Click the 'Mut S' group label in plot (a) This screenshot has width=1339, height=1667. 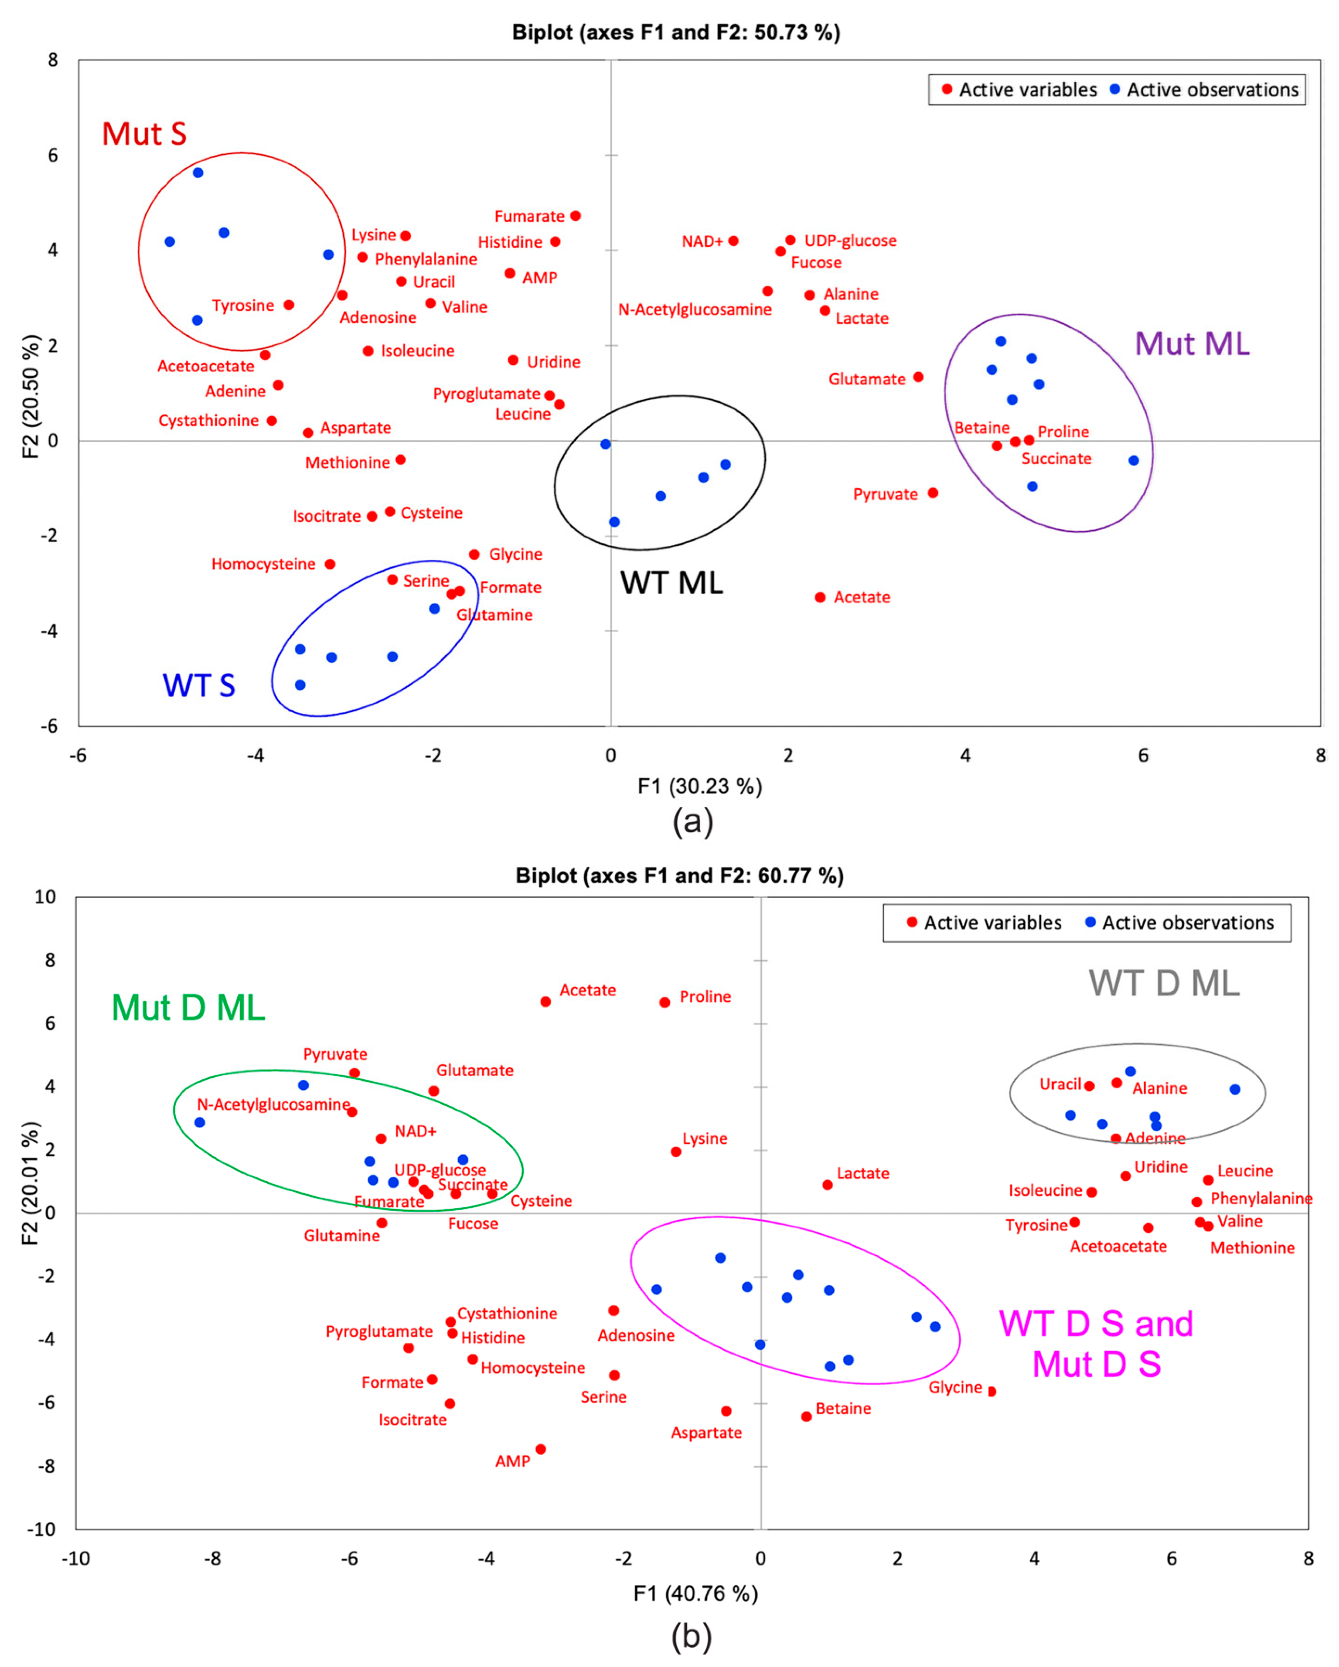[x=145, y=134]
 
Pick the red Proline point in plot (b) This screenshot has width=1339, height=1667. [x=664, y=1003]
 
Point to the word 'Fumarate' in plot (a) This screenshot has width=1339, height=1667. [x=529, y=216]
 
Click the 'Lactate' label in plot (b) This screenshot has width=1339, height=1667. [x=863, y=1174]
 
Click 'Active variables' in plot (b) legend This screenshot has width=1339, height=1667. [x=993, y=922]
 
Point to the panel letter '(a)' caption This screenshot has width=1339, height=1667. [x=693, y=821]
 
